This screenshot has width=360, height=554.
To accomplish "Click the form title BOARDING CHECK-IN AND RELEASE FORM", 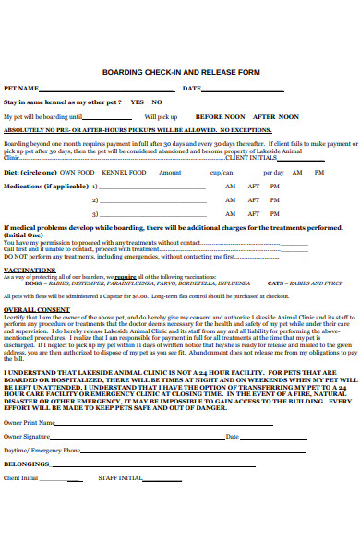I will pos(181,71).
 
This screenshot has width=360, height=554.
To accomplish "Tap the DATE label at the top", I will pos(191,88).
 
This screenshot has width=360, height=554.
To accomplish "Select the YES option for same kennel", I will pos(137,102).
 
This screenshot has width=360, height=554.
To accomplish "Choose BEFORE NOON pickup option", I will pos(220,117).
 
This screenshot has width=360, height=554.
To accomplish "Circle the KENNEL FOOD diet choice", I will pos(124,173).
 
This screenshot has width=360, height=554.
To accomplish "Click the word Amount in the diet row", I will pos(170,173).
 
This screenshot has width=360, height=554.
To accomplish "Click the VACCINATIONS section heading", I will pos(30,270).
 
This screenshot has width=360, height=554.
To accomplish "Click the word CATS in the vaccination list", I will pos(276,283).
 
